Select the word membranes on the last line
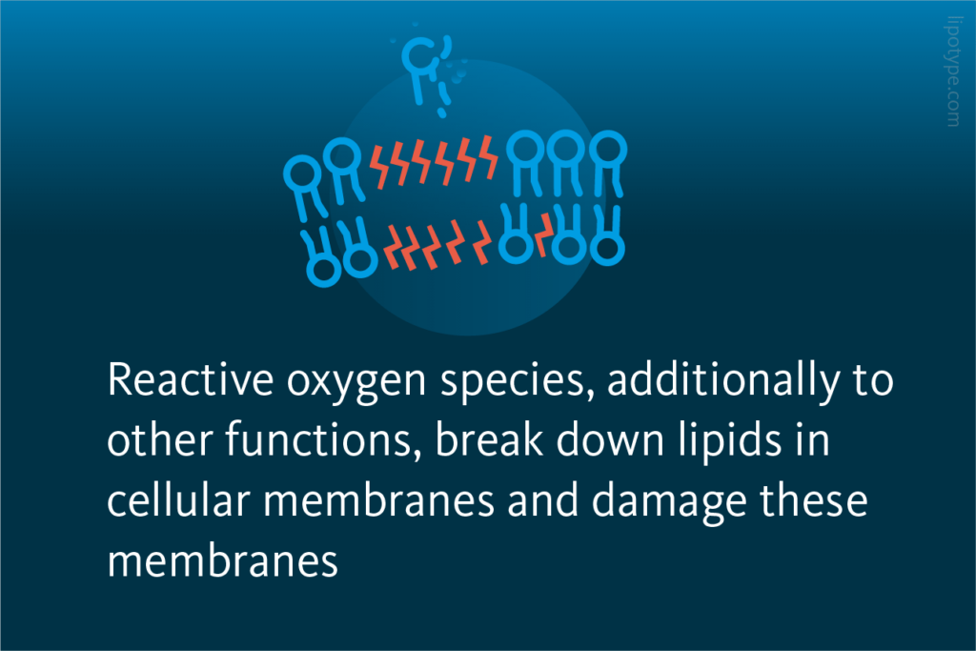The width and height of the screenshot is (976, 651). point(223,562)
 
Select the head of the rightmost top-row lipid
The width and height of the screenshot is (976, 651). point(606,147)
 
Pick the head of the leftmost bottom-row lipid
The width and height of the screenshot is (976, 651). point(324,269)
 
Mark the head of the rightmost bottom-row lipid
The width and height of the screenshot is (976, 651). point(607,249)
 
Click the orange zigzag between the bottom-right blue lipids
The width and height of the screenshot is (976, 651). point(543,234)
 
